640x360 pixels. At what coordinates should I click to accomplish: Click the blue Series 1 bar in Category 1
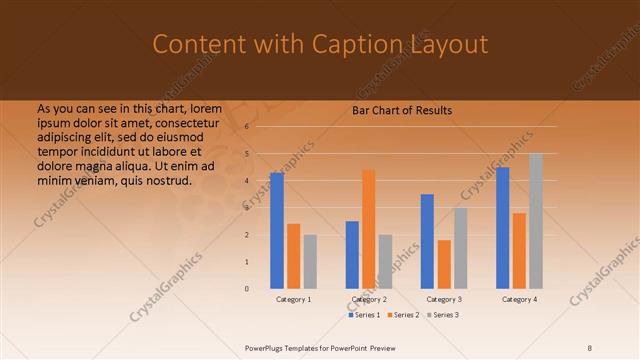[277, 230]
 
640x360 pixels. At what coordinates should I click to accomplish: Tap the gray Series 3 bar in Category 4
[536, 220]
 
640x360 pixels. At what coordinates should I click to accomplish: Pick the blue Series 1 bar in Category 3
[427, 241]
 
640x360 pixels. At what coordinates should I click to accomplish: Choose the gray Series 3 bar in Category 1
[310, 261]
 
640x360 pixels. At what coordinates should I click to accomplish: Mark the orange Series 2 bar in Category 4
[519, 250]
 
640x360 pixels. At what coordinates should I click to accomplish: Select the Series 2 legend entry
[405, 315]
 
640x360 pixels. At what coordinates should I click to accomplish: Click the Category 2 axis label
[369, 299]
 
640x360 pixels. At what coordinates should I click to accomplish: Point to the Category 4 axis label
[519, 299]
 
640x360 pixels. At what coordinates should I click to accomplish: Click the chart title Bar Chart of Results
[402, 110]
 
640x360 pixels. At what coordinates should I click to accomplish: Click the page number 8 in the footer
[590, 347]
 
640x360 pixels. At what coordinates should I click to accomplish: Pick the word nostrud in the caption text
[167, 180]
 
